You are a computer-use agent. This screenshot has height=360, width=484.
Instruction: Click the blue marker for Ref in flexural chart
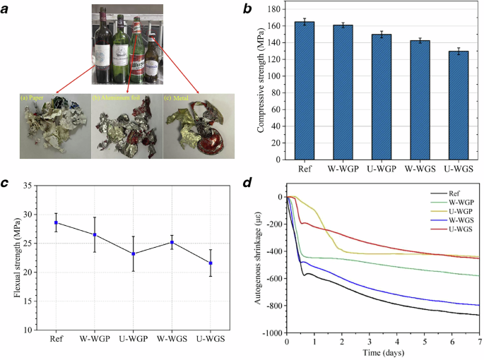56,222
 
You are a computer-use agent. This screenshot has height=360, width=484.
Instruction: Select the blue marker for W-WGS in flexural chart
172,242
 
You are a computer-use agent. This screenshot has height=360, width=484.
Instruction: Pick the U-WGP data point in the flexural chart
134,253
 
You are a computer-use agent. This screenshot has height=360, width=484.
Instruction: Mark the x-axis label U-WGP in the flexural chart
134,338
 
